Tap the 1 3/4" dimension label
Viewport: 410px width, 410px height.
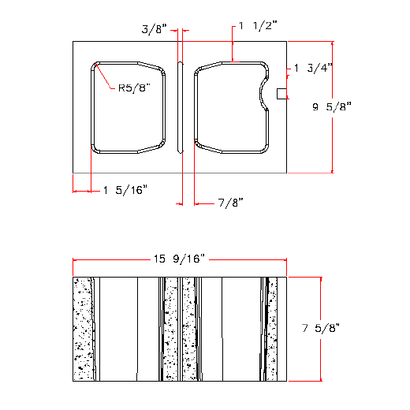312,69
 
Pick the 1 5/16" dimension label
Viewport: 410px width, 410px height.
125,190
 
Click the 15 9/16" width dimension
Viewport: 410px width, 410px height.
179,259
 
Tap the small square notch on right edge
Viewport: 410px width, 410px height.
281,94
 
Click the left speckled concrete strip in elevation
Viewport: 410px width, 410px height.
82,329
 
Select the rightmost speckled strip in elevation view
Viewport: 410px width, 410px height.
272,329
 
